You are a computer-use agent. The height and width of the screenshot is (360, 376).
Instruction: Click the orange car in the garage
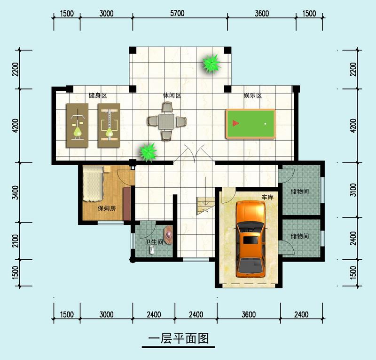tap(251, 238)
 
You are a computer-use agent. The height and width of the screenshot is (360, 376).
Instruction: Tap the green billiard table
tap(250, 124)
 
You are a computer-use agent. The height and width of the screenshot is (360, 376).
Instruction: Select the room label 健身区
tap(98, 96)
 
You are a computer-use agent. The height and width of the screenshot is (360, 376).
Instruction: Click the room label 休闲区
tap(172, 96)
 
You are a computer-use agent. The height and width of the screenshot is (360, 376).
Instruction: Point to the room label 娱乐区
tap(252, 96)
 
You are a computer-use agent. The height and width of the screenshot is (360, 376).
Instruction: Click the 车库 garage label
tap(267, 198)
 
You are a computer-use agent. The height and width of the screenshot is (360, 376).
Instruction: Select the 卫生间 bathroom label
tap(154, 242)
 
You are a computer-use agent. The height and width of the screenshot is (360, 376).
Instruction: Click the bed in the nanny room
tap(94, 185)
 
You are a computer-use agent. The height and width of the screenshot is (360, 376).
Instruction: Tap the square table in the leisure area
tap(167, 122)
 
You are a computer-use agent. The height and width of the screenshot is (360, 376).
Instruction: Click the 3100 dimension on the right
tap(360, 190)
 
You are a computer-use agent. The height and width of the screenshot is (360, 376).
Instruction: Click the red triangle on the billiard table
tap(235, 124)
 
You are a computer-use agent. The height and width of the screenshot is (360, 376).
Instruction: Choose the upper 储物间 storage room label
tap(299, 192)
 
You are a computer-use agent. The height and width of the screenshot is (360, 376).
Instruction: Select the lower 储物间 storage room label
tap(299, 236)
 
